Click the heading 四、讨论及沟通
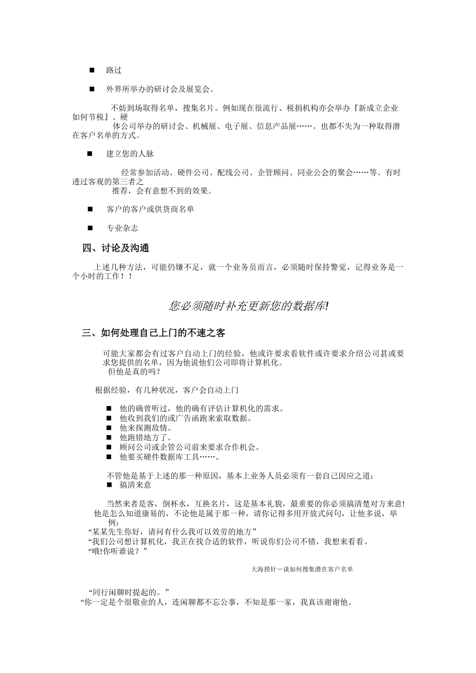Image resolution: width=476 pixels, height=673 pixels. pos(116,248)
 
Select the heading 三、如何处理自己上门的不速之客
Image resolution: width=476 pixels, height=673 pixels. pos(157,332)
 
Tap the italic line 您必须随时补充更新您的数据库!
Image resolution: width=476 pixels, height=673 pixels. pos(249,306)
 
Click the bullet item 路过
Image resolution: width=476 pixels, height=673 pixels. pos(114,70)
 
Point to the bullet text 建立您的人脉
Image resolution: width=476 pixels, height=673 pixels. pos(130,154)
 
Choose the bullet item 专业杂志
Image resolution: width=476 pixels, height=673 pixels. pos(122,228)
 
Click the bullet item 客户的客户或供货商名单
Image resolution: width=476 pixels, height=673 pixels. pos(150,209)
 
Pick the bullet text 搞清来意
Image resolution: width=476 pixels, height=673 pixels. pos(135,485)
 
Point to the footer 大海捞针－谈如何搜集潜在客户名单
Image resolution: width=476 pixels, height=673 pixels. pos(302,569)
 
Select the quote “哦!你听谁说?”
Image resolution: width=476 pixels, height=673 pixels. pos(117,551)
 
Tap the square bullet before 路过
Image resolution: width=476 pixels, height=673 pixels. pos(92,70)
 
